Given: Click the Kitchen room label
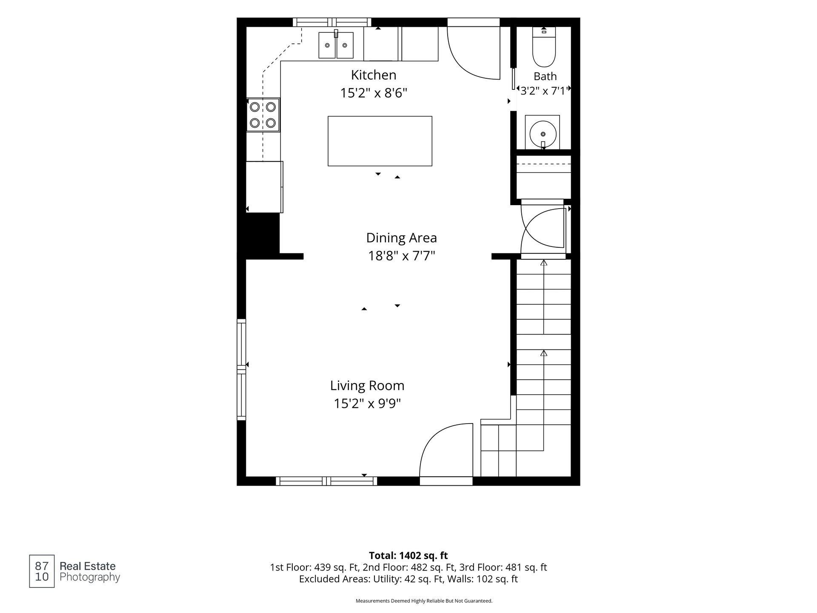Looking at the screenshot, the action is pos(374,75).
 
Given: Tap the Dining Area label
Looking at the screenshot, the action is pos(401,238).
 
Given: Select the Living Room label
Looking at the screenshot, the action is pos(367,386).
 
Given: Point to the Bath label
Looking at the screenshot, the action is pos(545,77).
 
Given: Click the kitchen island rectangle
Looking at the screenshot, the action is pos(380,141).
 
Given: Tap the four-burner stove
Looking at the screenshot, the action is pos(263,115).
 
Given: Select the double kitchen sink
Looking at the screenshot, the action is pos(336,45).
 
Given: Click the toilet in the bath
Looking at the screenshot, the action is pos(544,47).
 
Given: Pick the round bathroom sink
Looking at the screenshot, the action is pos(543,133).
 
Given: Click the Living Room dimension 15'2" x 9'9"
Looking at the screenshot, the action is pos(367,403).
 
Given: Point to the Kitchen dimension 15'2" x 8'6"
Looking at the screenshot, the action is pos(374,93).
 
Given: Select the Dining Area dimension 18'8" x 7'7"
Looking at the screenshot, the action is pos(401,256).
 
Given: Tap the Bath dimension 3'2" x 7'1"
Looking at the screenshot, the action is pos(544,90).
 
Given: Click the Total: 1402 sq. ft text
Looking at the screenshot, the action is pos(408,556).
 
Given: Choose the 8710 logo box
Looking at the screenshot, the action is pos(42,571).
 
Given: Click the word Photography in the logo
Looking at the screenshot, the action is pos(90,578).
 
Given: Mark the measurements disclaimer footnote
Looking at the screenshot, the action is pos(424,601).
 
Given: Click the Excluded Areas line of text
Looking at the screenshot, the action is pos(408,579).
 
